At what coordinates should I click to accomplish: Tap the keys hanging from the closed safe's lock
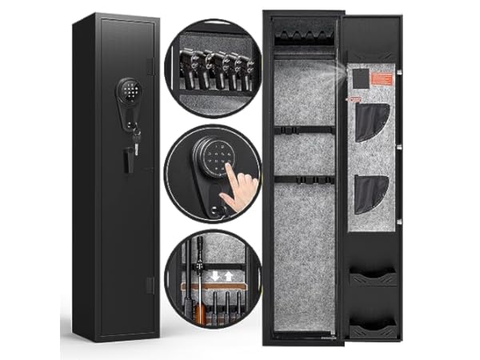[x=137, y=146]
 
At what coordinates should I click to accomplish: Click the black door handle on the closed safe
[x=126, y=159]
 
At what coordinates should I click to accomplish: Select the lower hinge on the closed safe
[x=151, y=284]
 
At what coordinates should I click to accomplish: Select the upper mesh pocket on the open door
[x=370, y=122]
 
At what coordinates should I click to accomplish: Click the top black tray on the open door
[x=373, y=278]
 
